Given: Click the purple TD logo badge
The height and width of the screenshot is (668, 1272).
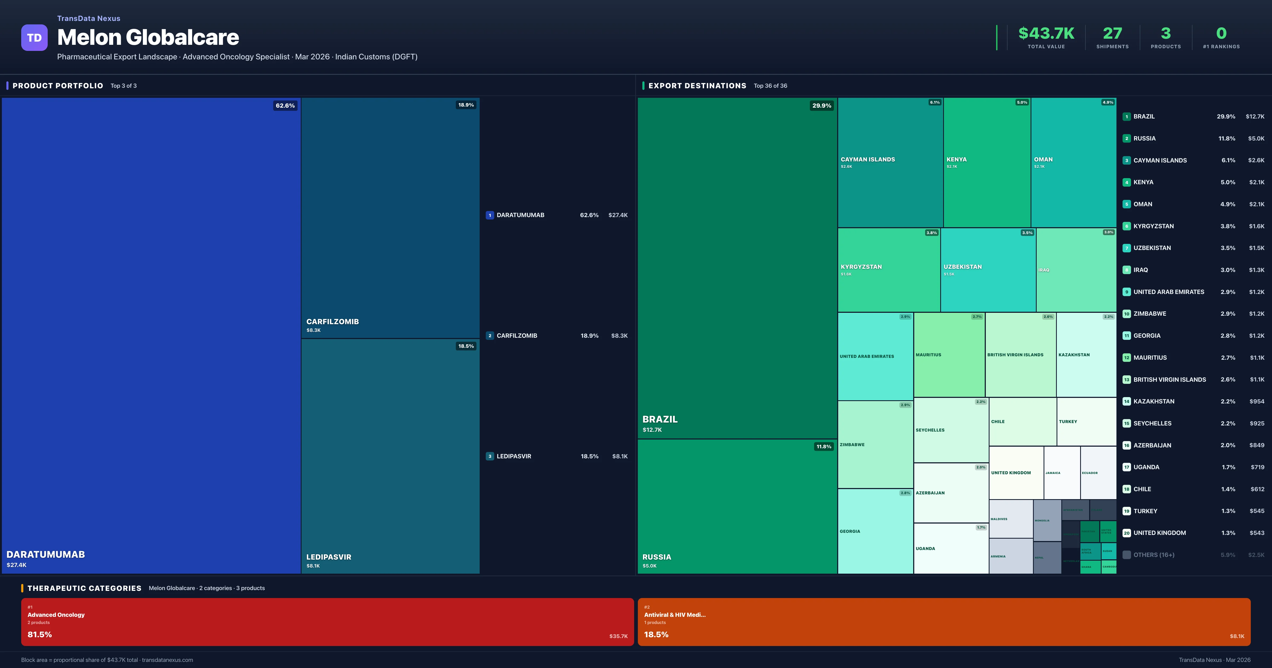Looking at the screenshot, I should coord(34,38).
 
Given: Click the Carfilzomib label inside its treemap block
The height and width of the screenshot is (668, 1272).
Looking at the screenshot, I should coord(332,322).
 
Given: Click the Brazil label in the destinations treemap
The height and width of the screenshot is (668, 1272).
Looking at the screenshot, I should coord(660,419).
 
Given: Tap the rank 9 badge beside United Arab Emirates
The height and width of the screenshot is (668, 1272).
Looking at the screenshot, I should coord(1126,292).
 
